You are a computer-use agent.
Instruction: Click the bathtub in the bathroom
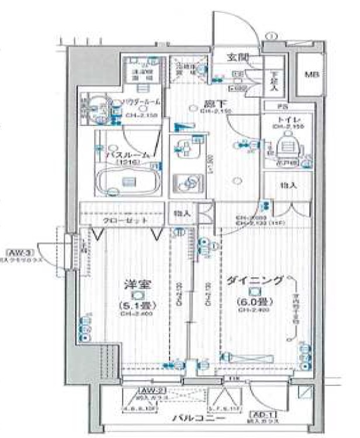pyautogui.click(x=129, y=182)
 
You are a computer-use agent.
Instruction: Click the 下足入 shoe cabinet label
pyautogui.click(x=273, y=81)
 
